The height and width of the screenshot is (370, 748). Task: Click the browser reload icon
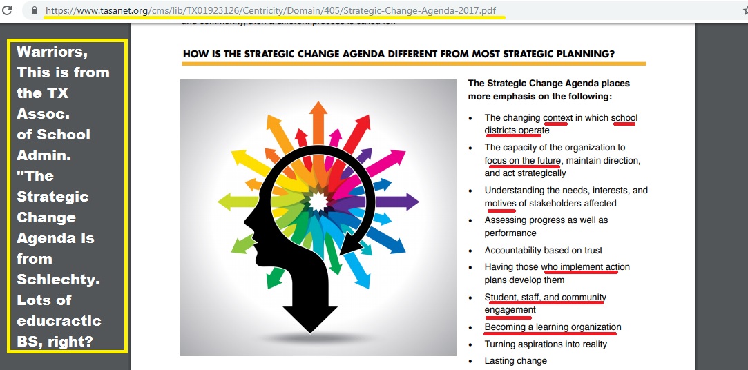8,10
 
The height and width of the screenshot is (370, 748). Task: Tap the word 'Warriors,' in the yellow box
52,52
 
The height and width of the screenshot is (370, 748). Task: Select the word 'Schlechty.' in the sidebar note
59,280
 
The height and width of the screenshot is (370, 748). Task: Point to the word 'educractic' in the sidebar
59,320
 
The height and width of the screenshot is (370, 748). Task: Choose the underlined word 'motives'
501,204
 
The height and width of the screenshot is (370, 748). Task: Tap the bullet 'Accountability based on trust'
544,251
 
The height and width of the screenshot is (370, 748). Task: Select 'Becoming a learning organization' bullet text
553,327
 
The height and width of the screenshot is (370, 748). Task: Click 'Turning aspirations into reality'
546,344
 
